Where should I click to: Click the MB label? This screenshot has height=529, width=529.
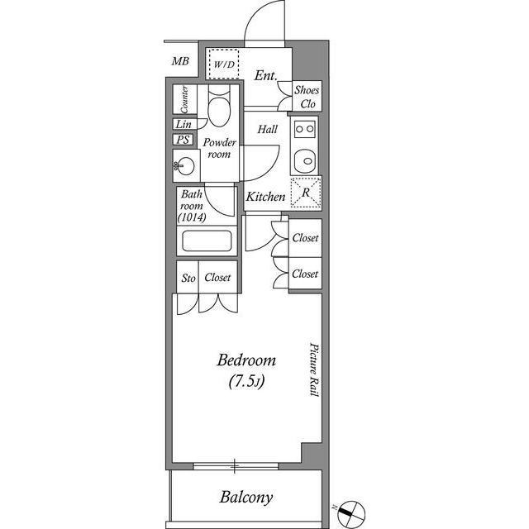pos(179,61)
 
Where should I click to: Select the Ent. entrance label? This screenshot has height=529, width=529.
pos(264,76)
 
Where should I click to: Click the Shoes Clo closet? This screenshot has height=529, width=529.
pos(307,97)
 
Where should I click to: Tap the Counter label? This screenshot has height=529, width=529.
pos(184,101)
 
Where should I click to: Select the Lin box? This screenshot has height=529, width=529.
pos(183,124)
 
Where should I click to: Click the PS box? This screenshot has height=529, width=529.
pos(183,140)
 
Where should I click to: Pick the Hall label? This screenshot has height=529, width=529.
pos(267,130)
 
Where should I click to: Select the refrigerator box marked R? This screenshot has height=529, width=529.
pos(306,192)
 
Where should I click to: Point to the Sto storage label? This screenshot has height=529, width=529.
pos(188,279)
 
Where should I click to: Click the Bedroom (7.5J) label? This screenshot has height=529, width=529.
pos(245,372)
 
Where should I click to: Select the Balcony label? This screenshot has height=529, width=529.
pos(246,498)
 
